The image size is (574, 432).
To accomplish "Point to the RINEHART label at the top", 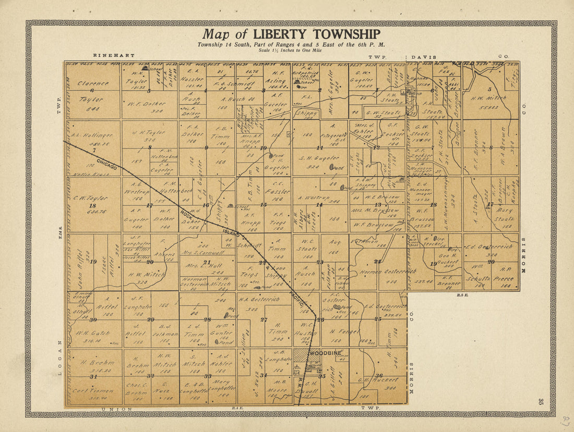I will [x=114, y=55].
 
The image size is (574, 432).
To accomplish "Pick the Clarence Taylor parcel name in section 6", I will [x=93, y=83].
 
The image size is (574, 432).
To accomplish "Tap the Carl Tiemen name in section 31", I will [x=93, y=390].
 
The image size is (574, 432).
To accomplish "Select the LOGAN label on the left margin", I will [x=59, y=358].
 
